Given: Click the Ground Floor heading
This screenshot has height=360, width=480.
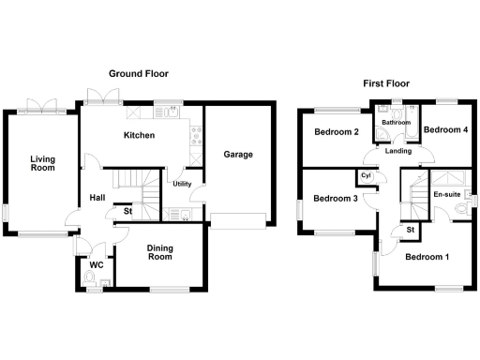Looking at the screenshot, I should pyautogui.click(x=138, y=73).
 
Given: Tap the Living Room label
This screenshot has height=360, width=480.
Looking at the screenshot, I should pyautogui.click(x=41, y=163).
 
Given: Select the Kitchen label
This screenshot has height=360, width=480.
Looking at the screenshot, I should pyautogui.click(x=139, y=136).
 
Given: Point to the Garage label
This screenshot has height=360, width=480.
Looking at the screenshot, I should pyautogui.click(x=237, y=154).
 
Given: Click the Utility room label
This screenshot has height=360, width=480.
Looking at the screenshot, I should pyautogui.click(x=182, y=184).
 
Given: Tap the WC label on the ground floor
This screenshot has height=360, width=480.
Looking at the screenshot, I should pyautogui.click(x=96, y=265).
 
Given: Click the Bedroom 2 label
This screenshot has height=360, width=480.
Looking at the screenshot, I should pyautogui.click(x=337, y=132).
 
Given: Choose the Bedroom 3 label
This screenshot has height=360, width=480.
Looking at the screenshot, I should pyautogui.click(x=336, y=198).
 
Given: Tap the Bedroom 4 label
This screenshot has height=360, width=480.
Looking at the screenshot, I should pyautogui.click(x=445, y=129).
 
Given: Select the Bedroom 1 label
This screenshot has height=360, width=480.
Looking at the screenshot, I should pyautogui.click(x=427, y=256).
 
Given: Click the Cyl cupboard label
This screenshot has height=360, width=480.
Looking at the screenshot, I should pyautogui.click(x=366, y=175).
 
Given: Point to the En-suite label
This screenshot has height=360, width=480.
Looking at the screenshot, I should pyautogui.click(x=446, y=194).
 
